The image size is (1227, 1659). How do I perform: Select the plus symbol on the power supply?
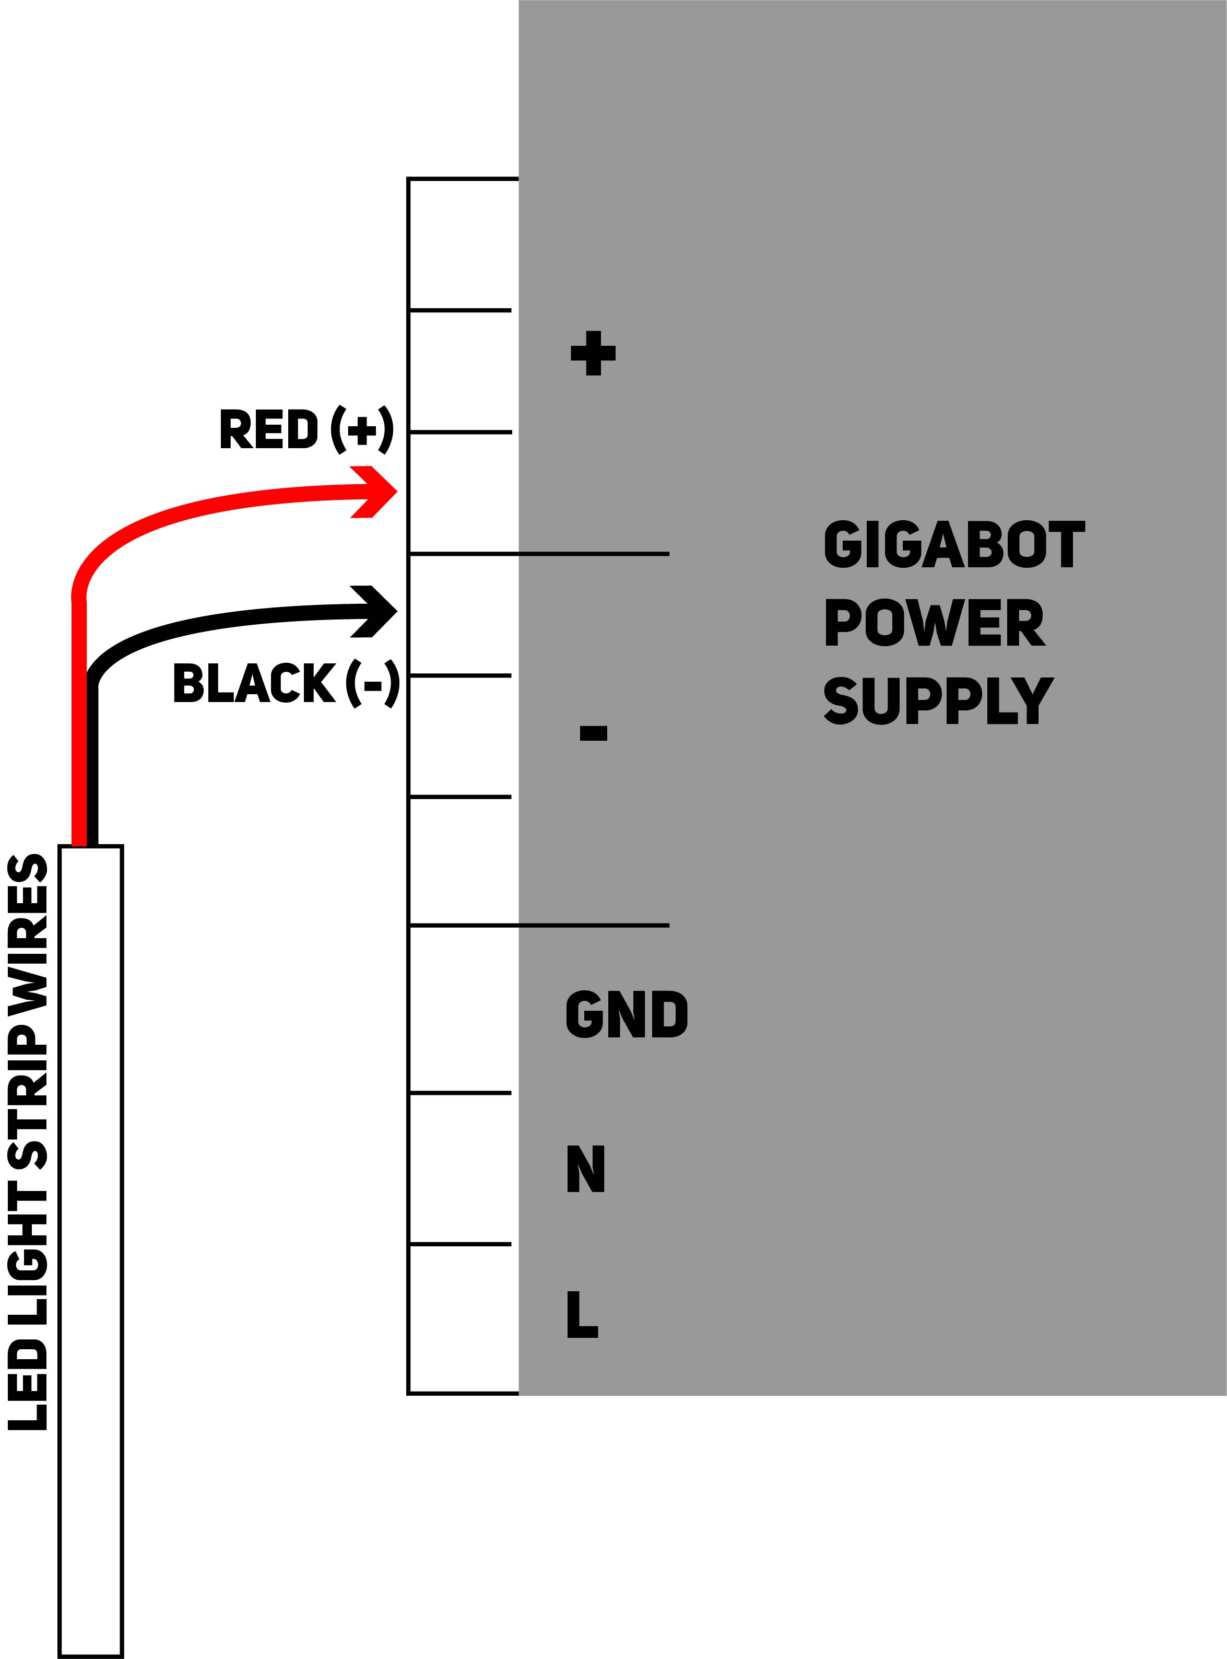tap(593, 353)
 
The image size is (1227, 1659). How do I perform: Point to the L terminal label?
tap(582, 1314)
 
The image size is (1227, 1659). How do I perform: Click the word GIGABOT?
tap(954, 545)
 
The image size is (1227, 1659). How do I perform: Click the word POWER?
tap(935, 623)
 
